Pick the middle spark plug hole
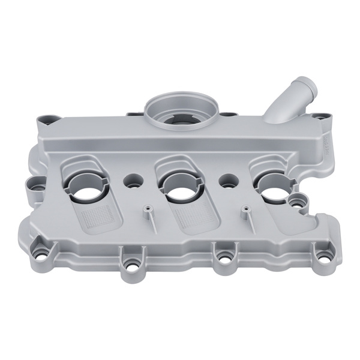(181, 186)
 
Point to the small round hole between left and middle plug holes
(134, 179)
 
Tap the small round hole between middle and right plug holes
(227, 181)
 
